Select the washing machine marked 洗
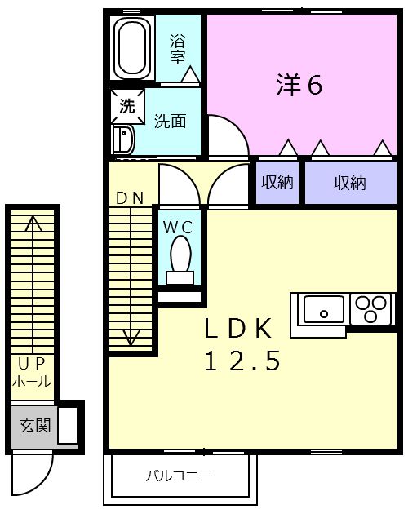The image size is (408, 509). coord(127,106)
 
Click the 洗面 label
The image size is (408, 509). coord(170,122)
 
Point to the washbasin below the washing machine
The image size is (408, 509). coord(123,139)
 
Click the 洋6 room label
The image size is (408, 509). coord(299,85)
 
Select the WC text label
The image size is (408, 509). coord(178,228)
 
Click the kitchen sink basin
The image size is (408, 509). coord(323,308)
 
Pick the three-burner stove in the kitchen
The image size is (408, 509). coord(371,308)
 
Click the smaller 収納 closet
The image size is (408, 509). coord(277,183)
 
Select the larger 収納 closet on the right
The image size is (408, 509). coord(351,183)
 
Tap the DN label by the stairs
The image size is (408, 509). coord(130,198)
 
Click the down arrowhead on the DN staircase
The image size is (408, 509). coord(131,338)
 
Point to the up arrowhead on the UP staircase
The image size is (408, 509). coord(33,224)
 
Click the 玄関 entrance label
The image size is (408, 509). coord(35,425)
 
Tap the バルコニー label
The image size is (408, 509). coord(177,476)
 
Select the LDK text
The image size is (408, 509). coord(238,329)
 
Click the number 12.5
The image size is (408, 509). coord(242,361)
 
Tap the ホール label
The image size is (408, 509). coord(32,381)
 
